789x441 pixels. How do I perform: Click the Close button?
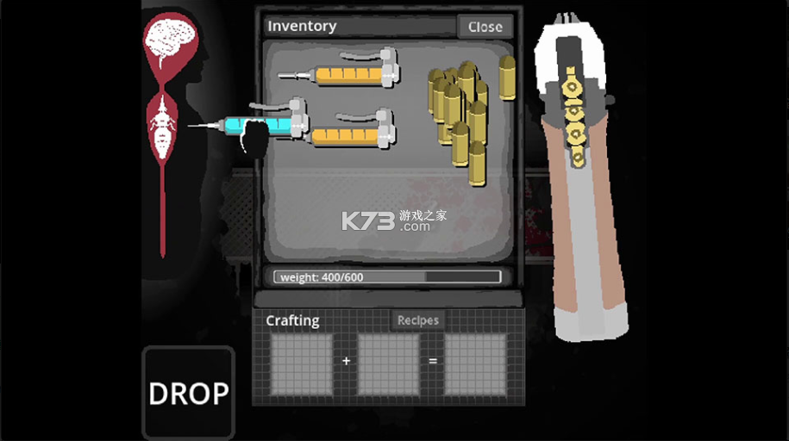pyautogui.click(x=485, y=27)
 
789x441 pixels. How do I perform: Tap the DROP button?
pyautogui.click(x=189, y=393)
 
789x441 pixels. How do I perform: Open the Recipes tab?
pyautogui.click(x=417, y=320)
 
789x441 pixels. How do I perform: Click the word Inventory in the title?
pyautogui.click(x=302, y=26)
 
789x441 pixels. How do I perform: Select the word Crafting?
pyautogui.click(x=292, y=320)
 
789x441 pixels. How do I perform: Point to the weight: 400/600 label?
pyautogui.click(x=322, y=277)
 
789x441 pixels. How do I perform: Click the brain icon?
pyautogui.click(x=170, y=40)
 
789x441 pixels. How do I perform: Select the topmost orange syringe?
pyautogui.click(x=340, y=70)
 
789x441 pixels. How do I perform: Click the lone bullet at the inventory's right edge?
pyautogui.click(x=507, y=77)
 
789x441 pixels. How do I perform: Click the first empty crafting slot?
pyautogui.click(x=301, y=364)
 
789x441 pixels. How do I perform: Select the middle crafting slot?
pyautogui.click(x=388, y=364)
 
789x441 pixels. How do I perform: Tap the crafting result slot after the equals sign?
pyautogui.click(x=475, y=364)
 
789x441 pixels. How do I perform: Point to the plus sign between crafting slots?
pyautogui.click(x=346, y=361)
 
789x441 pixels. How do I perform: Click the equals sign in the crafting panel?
pyautogui.click(x=433, y=361)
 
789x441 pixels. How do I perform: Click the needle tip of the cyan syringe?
pyautogui.click(x=189, y=125)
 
